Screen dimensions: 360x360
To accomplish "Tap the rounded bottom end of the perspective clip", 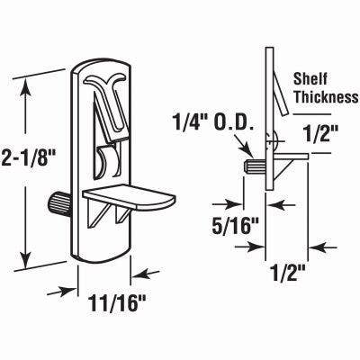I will coord(99,252).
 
